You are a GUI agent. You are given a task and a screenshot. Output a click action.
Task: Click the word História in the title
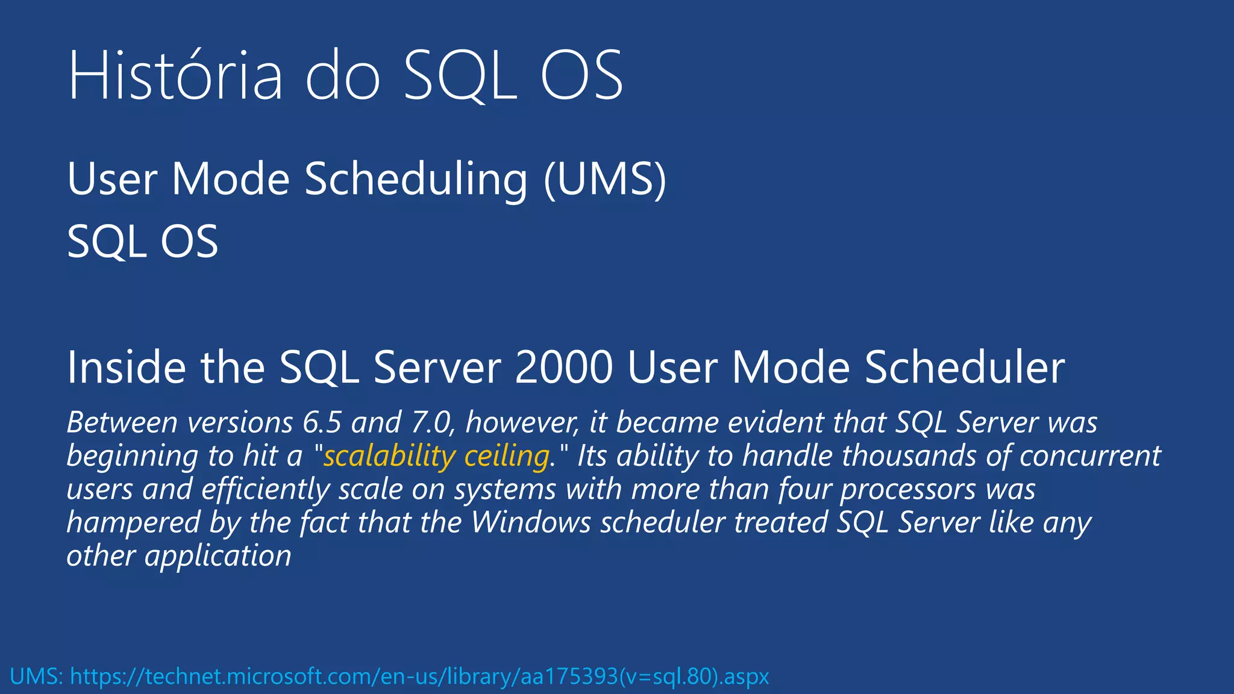click(175, 77)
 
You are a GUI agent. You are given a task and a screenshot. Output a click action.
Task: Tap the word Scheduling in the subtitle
click(416, 179)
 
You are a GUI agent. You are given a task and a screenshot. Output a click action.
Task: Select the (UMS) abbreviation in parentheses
click(605, 179)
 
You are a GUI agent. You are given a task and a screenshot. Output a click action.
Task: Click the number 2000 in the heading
click(564, 367)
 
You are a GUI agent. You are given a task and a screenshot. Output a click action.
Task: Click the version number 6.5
click(322, 422)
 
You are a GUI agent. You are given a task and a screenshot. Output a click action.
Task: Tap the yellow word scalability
click(389, 456)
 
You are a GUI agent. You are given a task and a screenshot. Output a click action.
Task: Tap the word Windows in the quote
click(531, 522)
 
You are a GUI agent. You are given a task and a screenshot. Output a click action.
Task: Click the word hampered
click(133, 522)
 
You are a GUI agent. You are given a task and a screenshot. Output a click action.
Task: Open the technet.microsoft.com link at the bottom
click(419, 677)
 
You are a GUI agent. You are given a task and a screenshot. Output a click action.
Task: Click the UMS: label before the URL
click(37, 677)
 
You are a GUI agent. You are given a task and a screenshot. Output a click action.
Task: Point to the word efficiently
click(266, 489)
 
